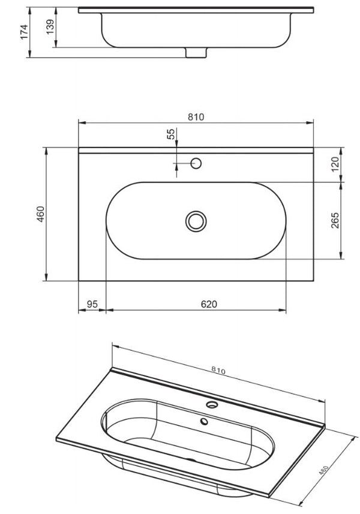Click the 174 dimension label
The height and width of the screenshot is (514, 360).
coord(24,32)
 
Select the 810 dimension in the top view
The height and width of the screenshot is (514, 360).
coord(196,117)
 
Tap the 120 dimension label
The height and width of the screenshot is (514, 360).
coord(335,164)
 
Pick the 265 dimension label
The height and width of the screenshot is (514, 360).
coord(335,221)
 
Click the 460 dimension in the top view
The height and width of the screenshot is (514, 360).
coord(40,215)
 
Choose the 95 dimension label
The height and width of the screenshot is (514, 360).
coord(92,304)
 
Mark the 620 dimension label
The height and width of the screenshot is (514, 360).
coord(208,304)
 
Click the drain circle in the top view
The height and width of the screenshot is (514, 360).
coord(196,221)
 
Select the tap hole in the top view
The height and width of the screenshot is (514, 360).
coord(195,163)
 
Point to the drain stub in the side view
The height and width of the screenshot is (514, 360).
coord(195,53)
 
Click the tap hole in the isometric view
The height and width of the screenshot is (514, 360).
coord(211,404)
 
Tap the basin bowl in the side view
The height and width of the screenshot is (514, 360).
coord(195,30)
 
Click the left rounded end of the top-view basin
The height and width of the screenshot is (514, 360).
coord(120,221)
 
